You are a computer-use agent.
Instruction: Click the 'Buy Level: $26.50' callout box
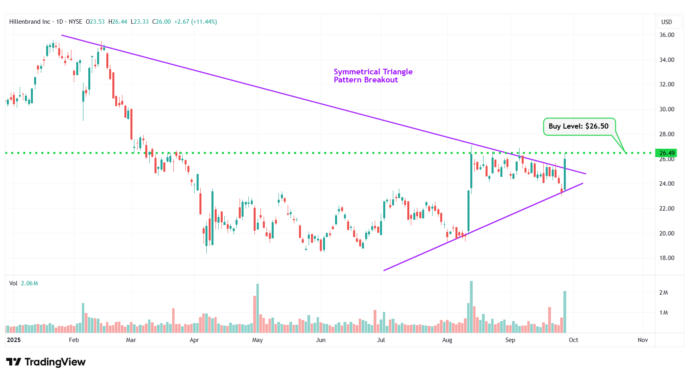click(579, 126)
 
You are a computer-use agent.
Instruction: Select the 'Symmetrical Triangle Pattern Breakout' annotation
click(373, 76)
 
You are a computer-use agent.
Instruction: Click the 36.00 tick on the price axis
click(667, 35)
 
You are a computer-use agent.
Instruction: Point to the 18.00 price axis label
click(667, 258)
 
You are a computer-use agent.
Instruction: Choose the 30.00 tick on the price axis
click(667, 109)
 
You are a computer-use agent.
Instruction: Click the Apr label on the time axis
click(194, 340)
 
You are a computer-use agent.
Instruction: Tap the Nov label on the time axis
click(642, 340)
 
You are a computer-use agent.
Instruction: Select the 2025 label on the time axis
click(14, 340)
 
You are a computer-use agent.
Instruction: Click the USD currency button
click(667, 22)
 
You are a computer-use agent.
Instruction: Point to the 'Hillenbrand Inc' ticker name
click(30, 22)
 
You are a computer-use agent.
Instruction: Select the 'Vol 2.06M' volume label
click(24, 283)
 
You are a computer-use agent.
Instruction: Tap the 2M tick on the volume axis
click(663, 293)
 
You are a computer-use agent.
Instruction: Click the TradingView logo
click(46, 362)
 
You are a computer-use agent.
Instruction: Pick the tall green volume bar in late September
click(565, 312)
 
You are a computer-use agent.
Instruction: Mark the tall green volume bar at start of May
click(258, 308)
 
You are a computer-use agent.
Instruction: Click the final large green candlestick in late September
click(565, 174)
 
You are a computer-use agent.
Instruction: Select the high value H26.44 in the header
click(118, 22)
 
